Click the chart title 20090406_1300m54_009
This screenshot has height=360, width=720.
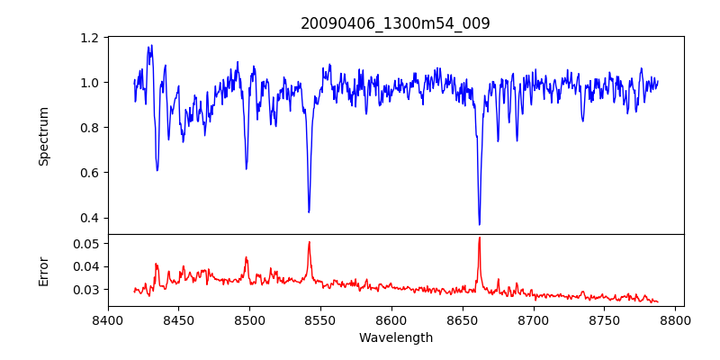pyautogui.click(x=395, y=23)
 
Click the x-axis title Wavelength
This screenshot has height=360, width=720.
pyautogui.click(x=395, y=337)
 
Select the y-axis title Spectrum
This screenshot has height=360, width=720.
pyautogui.click(x=44, y=136)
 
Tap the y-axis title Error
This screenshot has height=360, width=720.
pyautogui.click(x=44, y=271)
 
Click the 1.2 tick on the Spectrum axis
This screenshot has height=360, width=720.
pyautogui.click(x=90, y=38)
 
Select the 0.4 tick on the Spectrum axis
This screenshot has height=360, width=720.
pyautogui.click(x=90, y=218)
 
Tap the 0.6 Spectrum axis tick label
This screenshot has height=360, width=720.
pyautogui.click(x=90, y=173)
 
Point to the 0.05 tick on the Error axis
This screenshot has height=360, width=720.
pyautogui.click(x=86, y=244)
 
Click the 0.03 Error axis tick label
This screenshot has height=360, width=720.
pyautogui.click(x=86, y=290)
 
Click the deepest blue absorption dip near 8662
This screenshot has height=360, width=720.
pyautogui.click(x=480, y=224)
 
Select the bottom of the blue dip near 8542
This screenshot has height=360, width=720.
pyautogui.click(x=309, y=212)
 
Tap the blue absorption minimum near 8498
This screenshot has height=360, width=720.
pyautogui.click(x=247, y=168)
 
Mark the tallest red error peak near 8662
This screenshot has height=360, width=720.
pyautogui.click(x=480, y=238)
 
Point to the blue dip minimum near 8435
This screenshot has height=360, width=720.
pyautogui.click(x=157, y=170)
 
